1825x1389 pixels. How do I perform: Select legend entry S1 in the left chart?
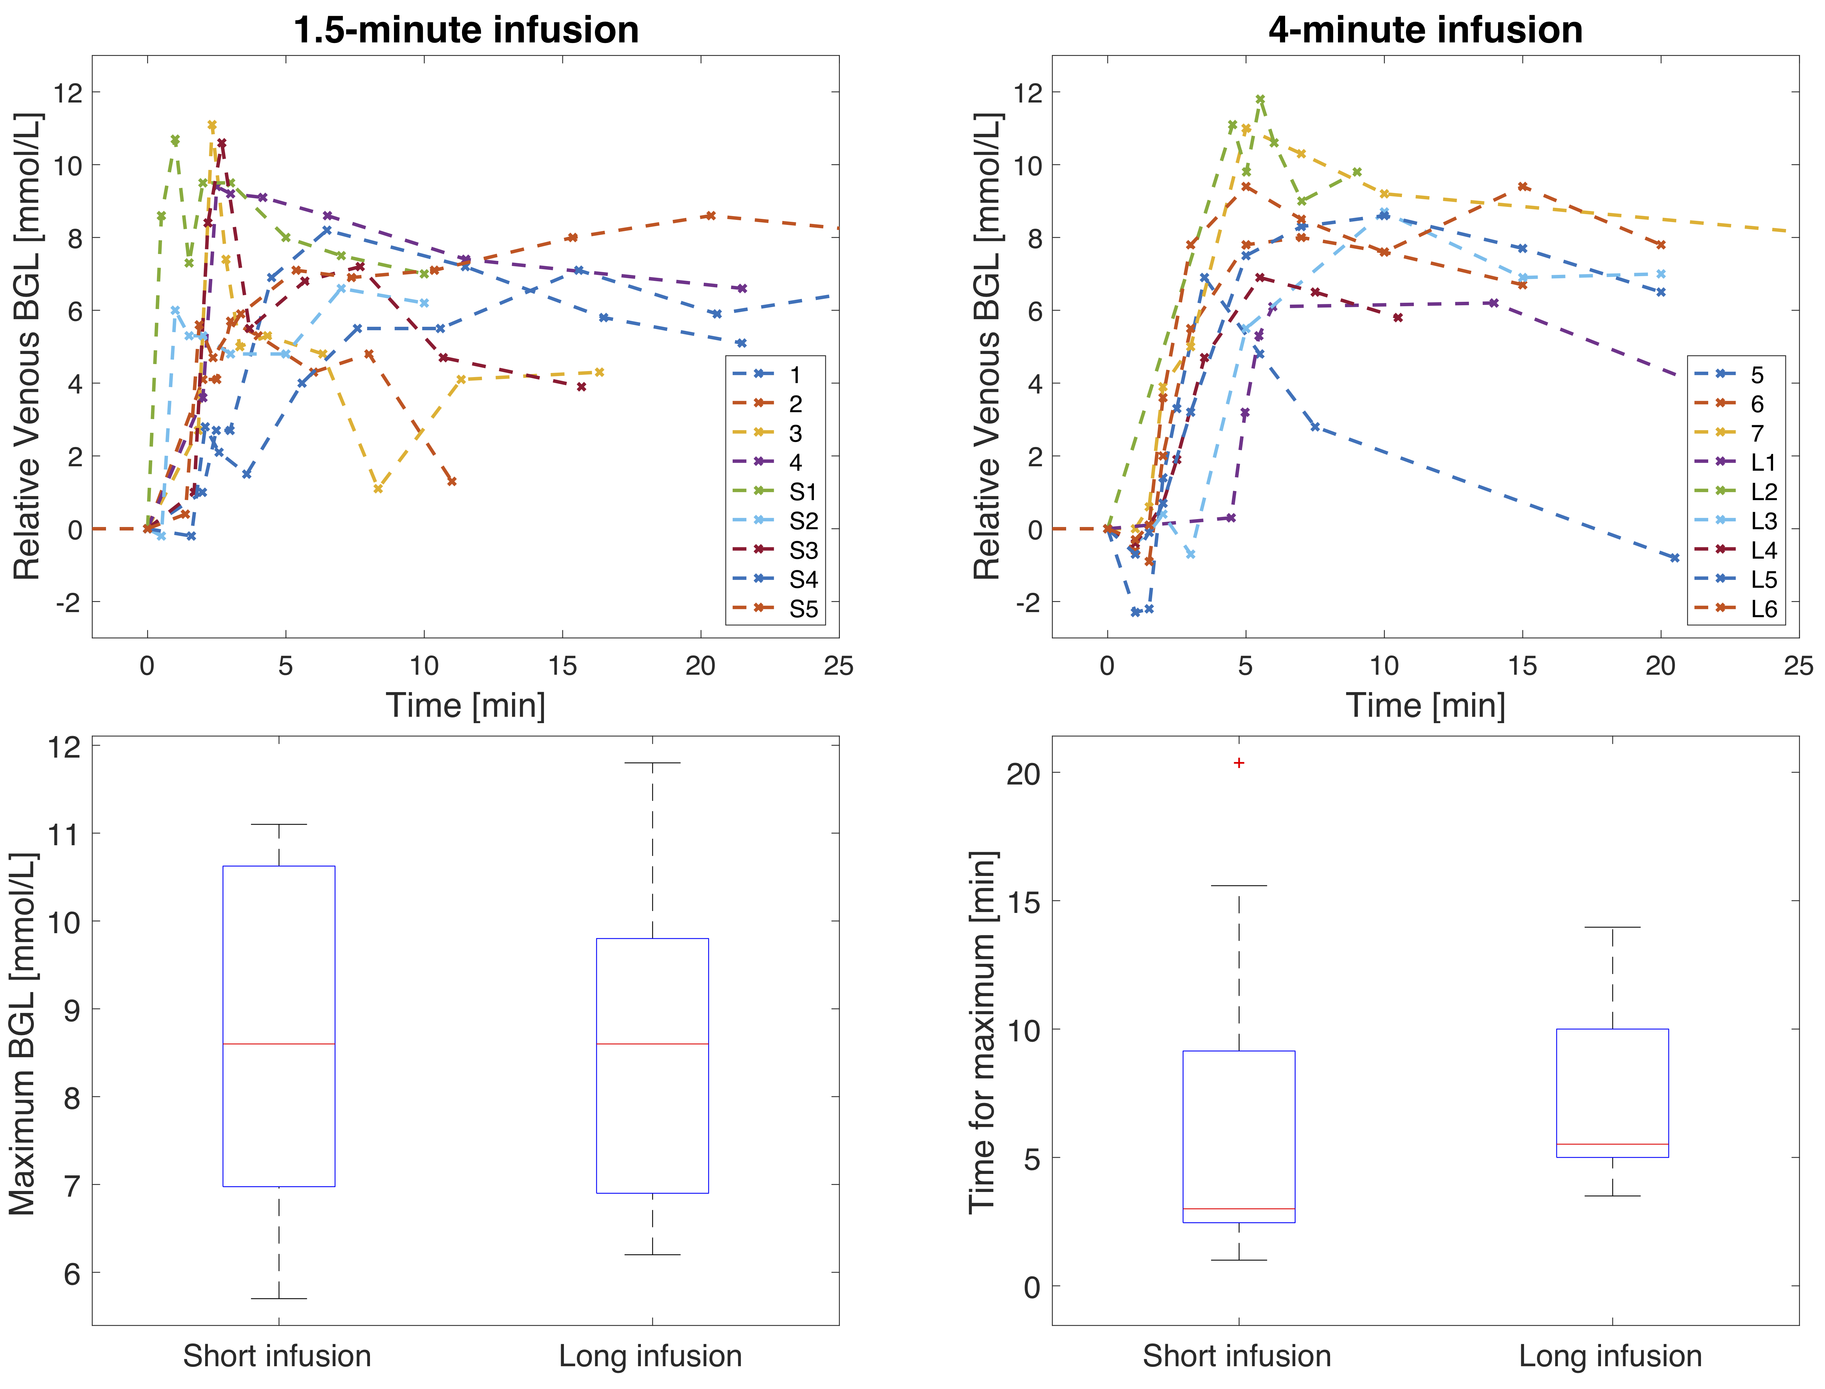[802, 492]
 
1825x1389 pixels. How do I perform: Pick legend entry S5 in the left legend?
[802, 609]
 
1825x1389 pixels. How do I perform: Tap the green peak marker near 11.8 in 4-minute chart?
[1260, 99]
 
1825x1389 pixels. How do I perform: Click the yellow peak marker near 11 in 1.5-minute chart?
[212, 126]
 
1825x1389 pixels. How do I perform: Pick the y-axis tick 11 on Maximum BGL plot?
[65, 834]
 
